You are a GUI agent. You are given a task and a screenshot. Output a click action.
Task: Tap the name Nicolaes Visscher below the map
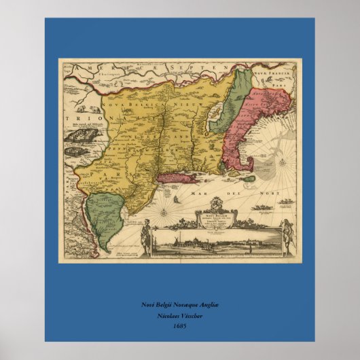(x=180, y=316)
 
